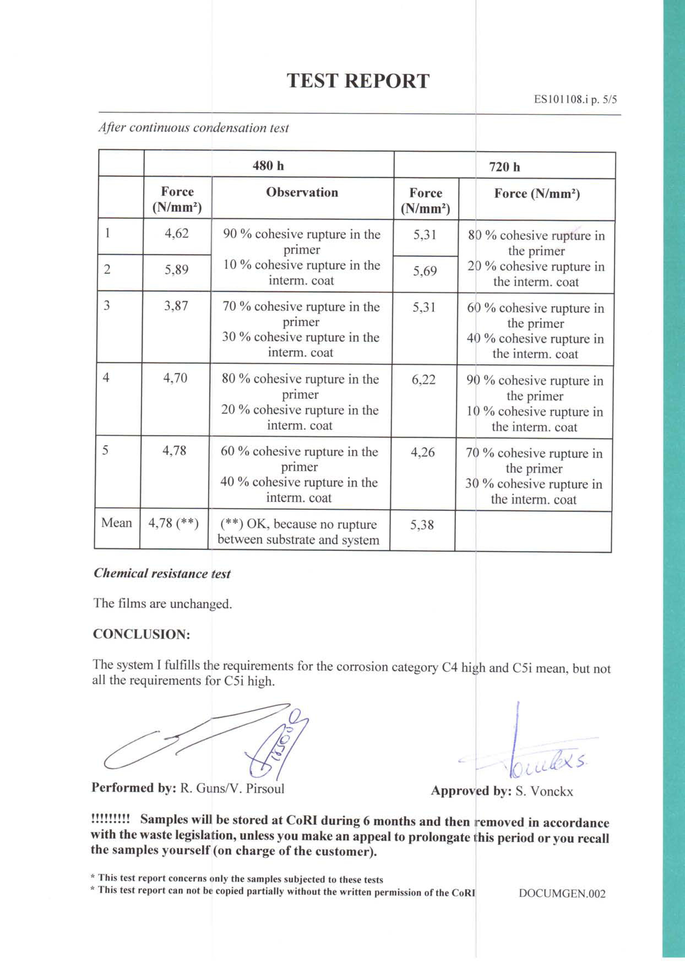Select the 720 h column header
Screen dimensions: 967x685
coord(505,167)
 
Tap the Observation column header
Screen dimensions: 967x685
coord(302,192)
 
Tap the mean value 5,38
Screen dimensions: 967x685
coord(422,525)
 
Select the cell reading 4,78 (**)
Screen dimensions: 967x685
coord(173,523)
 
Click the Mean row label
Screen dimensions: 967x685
coord(116,523)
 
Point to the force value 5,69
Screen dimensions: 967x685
coord(425,271)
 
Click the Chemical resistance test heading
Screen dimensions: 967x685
coord(162,574)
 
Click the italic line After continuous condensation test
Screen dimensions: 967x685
coord(194,128)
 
